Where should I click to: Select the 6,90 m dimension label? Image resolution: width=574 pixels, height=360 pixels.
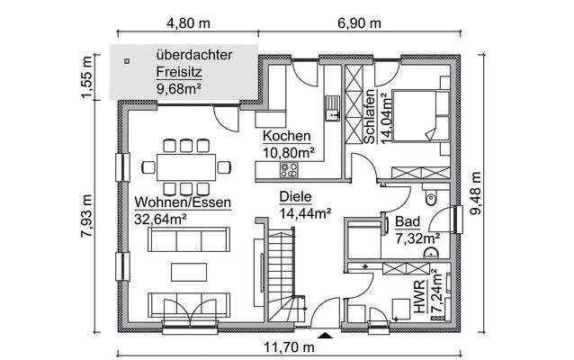click(356, 24)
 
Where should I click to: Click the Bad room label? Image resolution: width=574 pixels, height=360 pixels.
click(406, 221)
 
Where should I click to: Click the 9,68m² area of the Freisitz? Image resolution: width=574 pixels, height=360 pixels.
click(178, 88)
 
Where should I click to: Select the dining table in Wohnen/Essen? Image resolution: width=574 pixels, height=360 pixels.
click(185, 166)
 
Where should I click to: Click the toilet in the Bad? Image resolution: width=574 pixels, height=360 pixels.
click(430, 198)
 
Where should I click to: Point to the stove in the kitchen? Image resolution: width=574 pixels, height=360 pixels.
click(291, 168)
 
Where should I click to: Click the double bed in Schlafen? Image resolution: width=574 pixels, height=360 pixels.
click(417, 116)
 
